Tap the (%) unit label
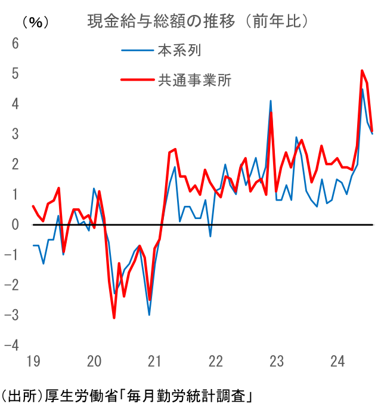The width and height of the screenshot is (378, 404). pyautogui.click(x=35, y=23)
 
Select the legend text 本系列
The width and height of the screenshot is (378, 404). pyautogui.click(x=179, y=50)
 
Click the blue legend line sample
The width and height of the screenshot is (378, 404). pyautogui.click(x=137, y=50)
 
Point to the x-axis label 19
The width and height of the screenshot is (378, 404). pyautogui.click(x=33, y=362)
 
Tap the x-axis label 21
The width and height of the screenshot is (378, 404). pyautogui.click(x=155, y=362)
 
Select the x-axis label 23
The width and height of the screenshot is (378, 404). pyautogui.click(x=276, y=362)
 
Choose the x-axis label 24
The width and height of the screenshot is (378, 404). pyautogui.click(x=337, y=362)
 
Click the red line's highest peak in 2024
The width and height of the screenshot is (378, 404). pyautogui.click(x=362, y=70)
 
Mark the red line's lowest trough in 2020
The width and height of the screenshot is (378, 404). pyautogui.click(x=114, y=317)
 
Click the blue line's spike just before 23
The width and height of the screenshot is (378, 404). pyautogui.click(x=271, y=101)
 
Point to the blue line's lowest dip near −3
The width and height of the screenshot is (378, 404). pyautogui.click(x=149, y=314)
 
